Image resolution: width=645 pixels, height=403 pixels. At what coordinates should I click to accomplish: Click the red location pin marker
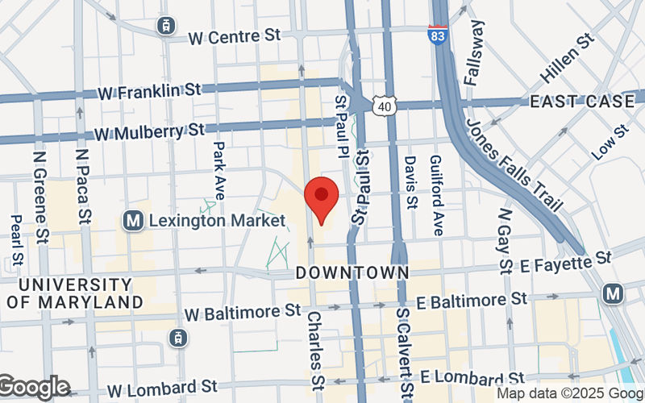tap(322, 199)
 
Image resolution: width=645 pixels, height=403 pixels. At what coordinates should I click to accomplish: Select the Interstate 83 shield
tap(439, 36)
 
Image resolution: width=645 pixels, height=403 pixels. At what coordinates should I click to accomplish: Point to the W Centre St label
tap(234, 36)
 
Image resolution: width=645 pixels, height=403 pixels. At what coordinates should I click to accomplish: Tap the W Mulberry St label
tap(150, 130)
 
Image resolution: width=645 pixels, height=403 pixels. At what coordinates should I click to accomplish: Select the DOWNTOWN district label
tap(352, 272)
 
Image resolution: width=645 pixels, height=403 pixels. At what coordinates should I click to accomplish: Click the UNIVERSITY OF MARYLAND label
tap(75, 293)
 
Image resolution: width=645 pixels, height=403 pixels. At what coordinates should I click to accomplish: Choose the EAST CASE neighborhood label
tap(582, 102)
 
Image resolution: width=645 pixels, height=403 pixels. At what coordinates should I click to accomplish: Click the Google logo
tap(35, 388)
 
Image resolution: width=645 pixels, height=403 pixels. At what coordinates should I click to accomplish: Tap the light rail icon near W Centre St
tap(168, 25)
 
